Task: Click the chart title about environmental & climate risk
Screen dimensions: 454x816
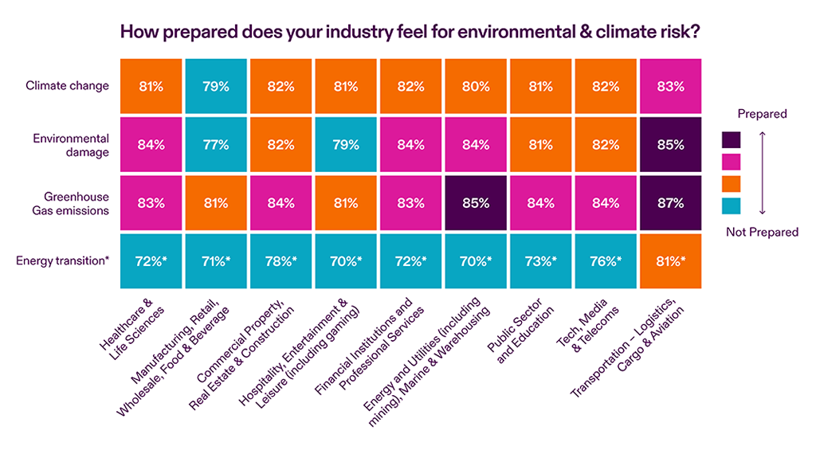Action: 408,33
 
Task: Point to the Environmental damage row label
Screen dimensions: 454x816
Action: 71,144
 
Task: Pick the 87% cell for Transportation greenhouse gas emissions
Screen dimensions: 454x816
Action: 670,202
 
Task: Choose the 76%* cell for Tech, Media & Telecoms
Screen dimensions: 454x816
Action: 605,260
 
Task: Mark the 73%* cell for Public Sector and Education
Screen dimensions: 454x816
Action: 539,260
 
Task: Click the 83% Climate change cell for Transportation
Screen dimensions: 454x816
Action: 670,86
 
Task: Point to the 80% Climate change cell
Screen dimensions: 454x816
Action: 475,86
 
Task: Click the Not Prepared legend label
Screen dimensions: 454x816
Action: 763,232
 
